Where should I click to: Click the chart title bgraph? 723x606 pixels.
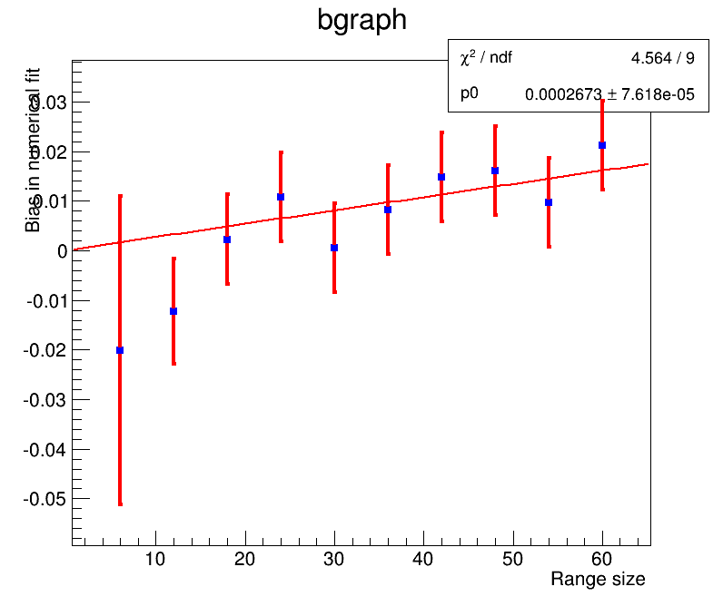(361, 20)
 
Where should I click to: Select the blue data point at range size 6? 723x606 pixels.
(120, 350)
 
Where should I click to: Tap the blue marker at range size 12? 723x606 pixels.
(173, 311)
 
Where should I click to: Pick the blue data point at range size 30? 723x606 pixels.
(334, 248)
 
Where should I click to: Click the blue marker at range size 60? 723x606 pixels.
(602, 145)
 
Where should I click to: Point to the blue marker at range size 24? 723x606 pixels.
(281, 197)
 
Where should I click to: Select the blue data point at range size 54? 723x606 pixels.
(549, 202)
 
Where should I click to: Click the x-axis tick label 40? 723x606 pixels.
(423, 559)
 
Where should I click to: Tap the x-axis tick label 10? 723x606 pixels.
(155, 559)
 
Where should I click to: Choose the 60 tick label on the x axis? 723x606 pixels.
(602, 559)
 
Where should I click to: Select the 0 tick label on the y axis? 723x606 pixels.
(63, 251)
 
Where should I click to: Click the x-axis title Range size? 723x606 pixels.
(598, 580)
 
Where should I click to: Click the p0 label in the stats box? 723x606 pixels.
(470, 93)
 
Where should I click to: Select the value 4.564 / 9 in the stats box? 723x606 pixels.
(663, 59)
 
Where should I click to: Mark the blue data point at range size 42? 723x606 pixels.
(441, 177)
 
